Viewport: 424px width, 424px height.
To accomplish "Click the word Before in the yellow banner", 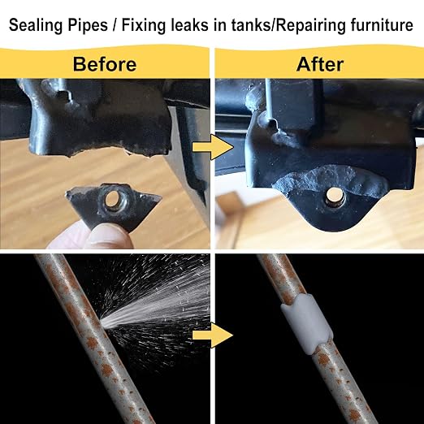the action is [x=105, y=64].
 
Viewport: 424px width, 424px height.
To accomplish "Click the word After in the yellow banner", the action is [x=320, y=64].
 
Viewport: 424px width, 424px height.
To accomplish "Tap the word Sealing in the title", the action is [x=36, y=26].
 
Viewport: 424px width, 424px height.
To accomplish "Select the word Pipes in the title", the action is [x=88, y=26].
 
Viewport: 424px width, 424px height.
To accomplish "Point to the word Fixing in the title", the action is [x=143, y=26].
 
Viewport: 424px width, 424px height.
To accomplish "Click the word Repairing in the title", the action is [x=310, y=26].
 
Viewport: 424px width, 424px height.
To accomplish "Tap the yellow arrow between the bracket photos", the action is [x=213, y=148].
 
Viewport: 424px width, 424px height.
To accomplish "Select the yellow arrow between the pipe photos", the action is [x=213, y=335].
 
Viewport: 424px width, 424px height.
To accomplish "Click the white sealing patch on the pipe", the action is [x=307, y=324].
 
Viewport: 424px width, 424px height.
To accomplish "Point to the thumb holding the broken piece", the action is [x=107, y=237].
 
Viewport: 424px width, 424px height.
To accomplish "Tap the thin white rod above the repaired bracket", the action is [x=268, y=100].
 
